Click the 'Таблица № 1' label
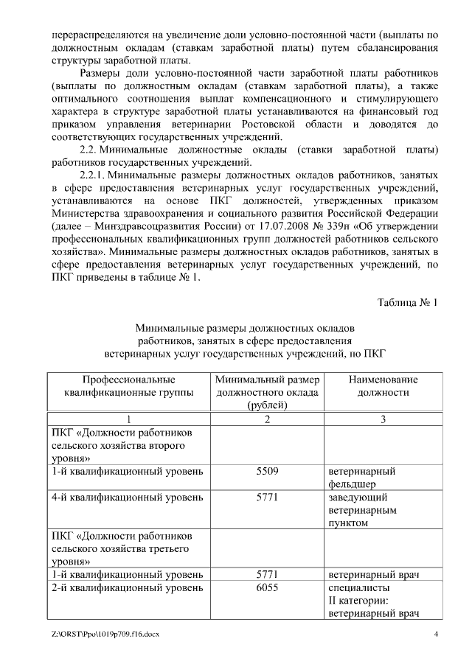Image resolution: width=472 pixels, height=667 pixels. (407, 303)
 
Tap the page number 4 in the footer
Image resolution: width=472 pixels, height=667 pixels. (436, 635)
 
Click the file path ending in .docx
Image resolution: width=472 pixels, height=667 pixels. (105, 635)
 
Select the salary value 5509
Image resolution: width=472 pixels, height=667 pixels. (266, 470)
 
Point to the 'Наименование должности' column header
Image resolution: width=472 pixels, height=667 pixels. (372, 385)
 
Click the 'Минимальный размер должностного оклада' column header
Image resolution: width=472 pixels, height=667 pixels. (267, 392)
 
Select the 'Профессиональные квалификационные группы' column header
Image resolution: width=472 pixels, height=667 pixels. (128, 385)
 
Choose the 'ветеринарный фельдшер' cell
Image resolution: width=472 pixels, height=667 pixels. (362, 477)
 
